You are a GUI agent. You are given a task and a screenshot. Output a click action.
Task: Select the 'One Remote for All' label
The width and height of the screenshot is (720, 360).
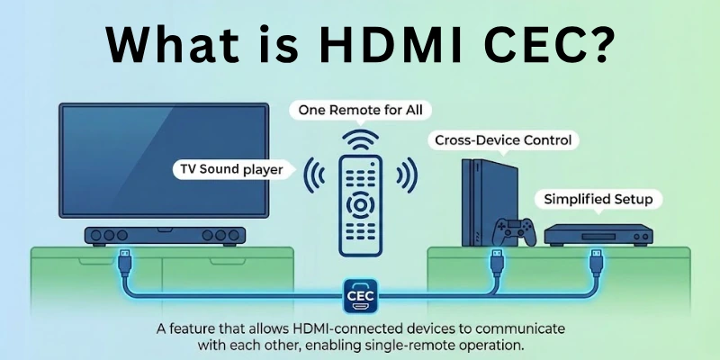coord(360,111)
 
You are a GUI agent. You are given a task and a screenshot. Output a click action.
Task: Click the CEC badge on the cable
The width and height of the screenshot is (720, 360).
coord(360,293)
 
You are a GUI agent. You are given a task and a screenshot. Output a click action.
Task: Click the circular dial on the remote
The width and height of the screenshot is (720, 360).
coord(360,205)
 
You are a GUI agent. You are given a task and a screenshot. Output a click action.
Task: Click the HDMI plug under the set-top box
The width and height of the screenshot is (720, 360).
coord(596,262)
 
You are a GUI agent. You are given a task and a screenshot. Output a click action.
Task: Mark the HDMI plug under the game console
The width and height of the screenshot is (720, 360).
coord(495,263)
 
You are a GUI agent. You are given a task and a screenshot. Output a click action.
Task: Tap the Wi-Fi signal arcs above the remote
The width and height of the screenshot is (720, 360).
coord(360,139)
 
